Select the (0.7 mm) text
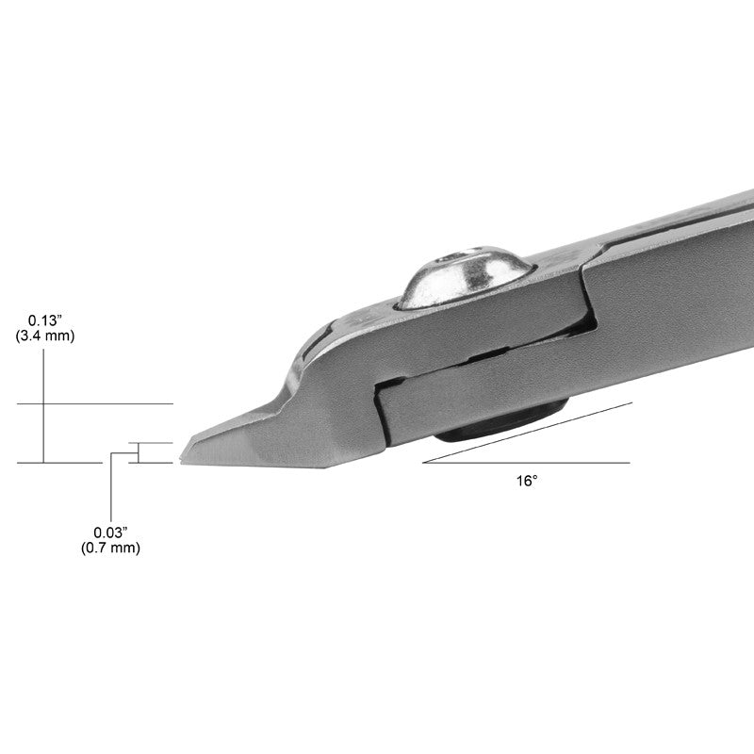[x=110, y=549]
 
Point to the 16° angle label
[x=527, y=481]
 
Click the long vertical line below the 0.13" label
[x=43, y=415]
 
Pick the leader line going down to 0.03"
[x=111, y=490]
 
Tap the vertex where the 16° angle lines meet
[x=424, y=463]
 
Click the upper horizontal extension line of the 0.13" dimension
[x=94, y=403]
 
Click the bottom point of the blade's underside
[x=325, y=467]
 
